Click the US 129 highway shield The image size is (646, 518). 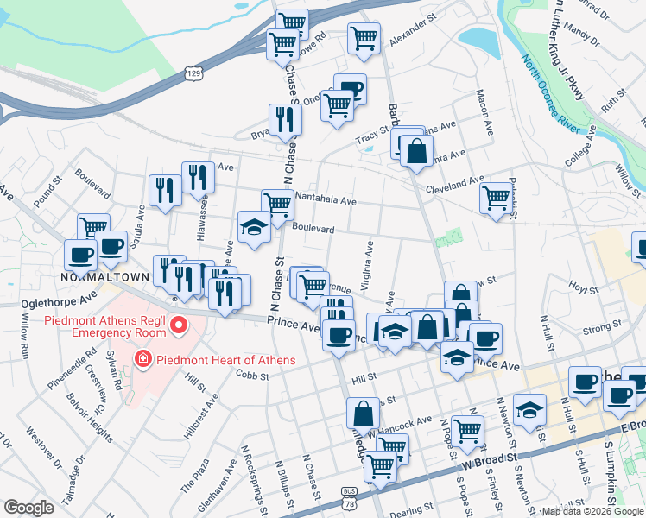(193, 76)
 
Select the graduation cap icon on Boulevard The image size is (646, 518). (254, 227)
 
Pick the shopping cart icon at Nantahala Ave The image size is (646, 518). (277, 205)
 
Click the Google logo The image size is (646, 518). (29, 508)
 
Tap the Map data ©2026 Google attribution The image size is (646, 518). (592, 511)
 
